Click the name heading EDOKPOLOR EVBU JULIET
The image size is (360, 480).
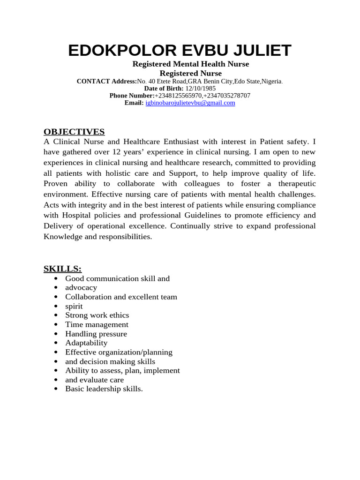point(180,50)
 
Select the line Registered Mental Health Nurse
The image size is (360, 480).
point(190,64)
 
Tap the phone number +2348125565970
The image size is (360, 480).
point(179,96)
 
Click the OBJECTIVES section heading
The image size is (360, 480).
point(74,132)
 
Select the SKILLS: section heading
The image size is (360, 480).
point(62,269)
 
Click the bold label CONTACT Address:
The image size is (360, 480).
point(106,81)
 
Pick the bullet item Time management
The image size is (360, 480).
point(97,324)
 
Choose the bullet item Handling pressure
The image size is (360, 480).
point(96,334)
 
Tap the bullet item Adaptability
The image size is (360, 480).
point(86,343)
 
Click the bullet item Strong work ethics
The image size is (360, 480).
point(97,315)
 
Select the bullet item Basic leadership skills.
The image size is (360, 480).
point(104,389)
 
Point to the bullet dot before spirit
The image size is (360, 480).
point(56,307)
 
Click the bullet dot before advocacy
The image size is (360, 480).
point(56,288)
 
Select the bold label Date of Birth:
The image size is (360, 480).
point(164,88)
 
